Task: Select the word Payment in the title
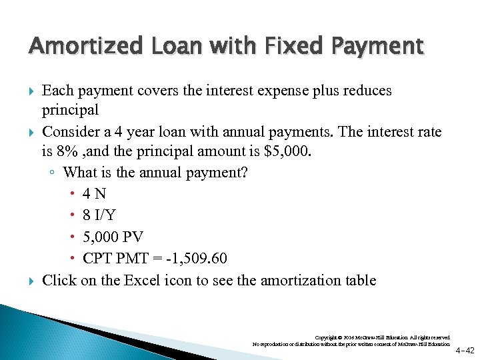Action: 379,46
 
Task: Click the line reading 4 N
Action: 94,193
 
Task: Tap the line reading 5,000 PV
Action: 113,237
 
